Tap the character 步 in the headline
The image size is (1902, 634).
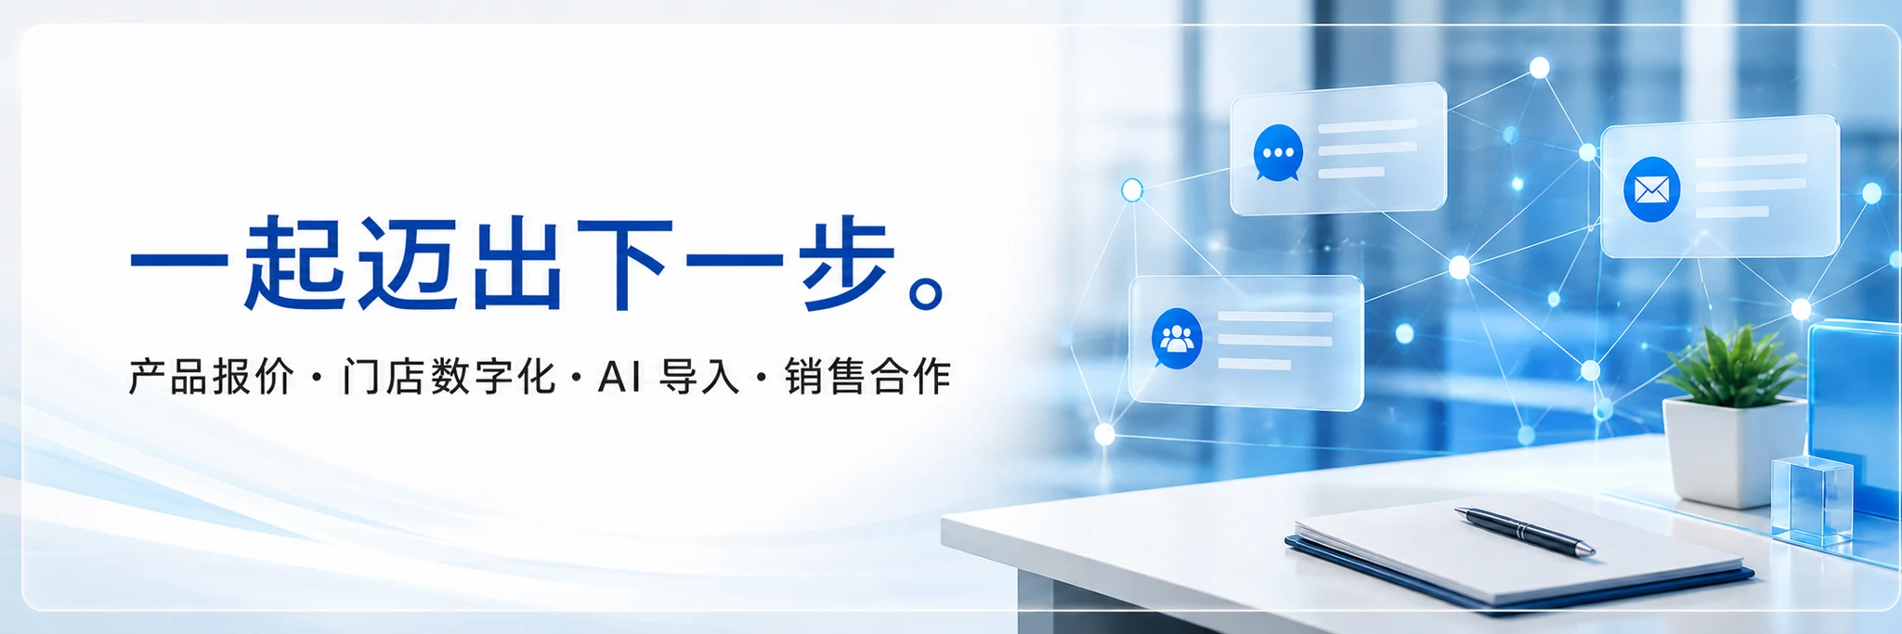coord(848,263)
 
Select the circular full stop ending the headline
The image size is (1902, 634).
coord(928,291)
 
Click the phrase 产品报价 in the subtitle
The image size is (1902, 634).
coord(211,377)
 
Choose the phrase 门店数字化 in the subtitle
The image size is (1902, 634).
coord(449,377)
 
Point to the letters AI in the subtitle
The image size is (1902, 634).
coord(619,377)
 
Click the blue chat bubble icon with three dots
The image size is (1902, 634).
coord(1278,153)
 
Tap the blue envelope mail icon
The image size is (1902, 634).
coord(1651,189)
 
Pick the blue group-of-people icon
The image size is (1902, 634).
coord(1177,339)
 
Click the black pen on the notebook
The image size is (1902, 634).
coord(1524,531)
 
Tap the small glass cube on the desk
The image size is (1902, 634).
coord(1812,500)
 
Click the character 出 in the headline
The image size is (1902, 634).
coord(517,263)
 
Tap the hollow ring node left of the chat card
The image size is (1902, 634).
coord(1132,190)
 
